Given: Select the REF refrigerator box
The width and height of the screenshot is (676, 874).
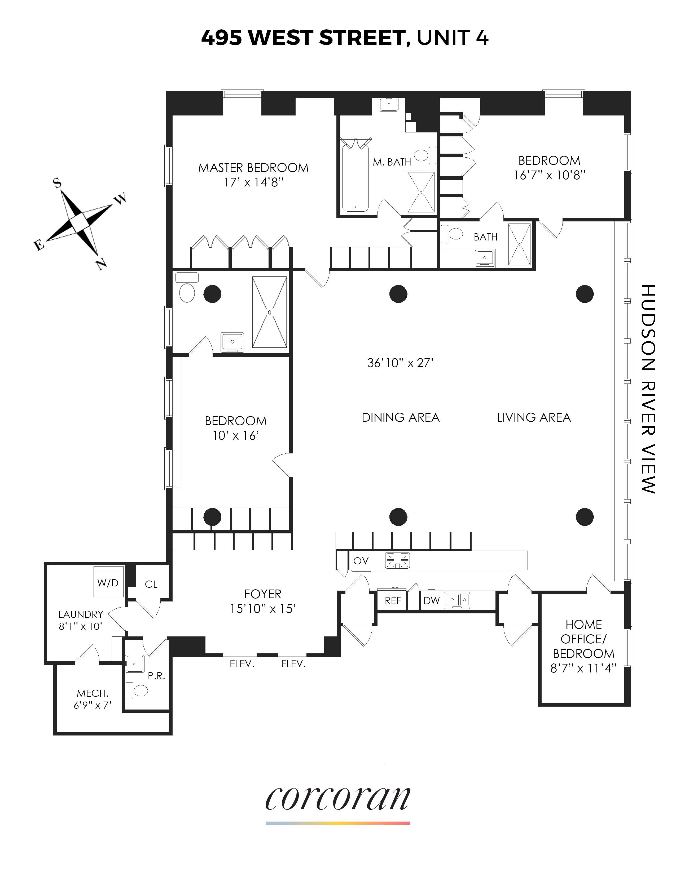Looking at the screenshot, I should (x=392, y=600).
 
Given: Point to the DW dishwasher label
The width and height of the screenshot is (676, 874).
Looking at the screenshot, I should (x=431, y=600).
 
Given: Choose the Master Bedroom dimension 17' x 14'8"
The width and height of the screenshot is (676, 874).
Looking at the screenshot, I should (x=253, y=182).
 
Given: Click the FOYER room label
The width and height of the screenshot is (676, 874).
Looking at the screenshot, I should (x=263, y=594).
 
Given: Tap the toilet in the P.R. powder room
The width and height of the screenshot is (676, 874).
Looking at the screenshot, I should (x=137, y=690).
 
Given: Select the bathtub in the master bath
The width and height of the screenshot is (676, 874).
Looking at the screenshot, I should (x=355, y=176).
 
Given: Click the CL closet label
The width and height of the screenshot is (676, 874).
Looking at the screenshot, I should (x=151, y=584).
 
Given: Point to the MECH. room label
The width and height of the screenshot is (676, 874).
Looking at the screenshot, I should (x=93, y=693).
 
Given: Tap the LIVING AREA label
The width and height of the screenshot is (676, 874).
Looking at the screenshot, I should (x=533, y=417).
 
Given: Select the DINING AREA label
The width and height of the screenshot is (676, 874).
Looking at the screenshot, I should (x=401, y=417).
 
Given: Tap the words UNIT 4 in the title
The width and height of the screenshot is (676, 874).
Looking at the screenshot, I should (x=453, y=38).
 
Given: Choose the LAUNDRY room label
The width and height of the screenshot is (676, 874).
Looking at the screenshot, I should (x=81, y=614).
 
